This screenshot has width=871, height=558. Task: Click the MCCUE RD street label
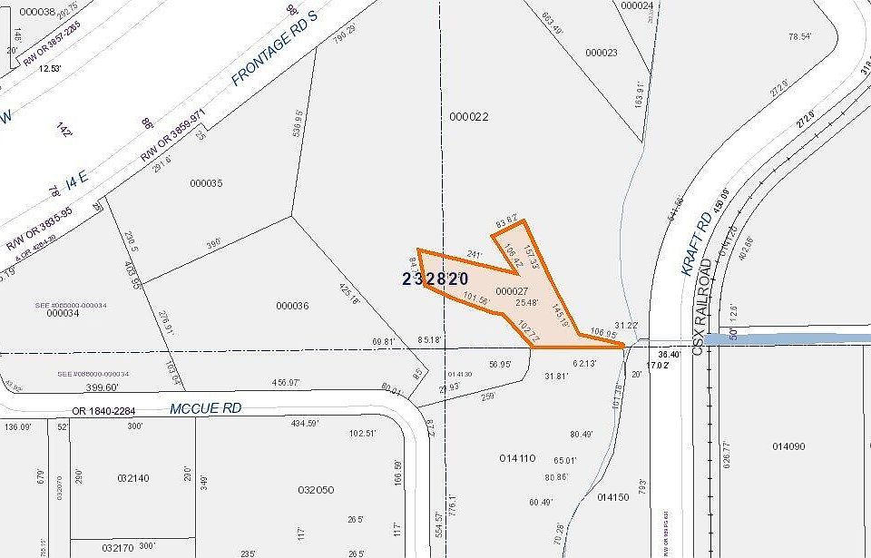(x=205, y=408)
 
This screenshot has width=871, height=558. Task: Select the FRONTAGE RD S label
(x=278, y=55)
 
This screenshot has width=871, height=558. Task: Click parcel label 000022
(x=468, y=116)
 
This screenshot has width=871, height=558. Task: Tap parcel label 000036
(x=289, y=306)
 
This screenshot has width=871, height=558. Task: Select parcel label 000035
(x=206, y=183)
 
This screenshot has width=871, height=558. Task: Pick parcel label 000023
(x=601, y=53)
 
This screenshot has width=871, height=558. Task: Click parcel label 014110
(x=518, y=459)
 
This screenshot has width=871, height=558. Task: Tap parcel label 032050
(x=316, y=490)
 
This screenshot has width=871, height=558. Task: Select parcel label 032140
(x=132, y=477)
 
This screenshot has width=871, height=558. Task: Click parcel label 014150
(x=613, y=497)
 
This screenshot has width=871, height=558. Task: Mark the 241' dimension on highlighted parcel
(x=474, y=255)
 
